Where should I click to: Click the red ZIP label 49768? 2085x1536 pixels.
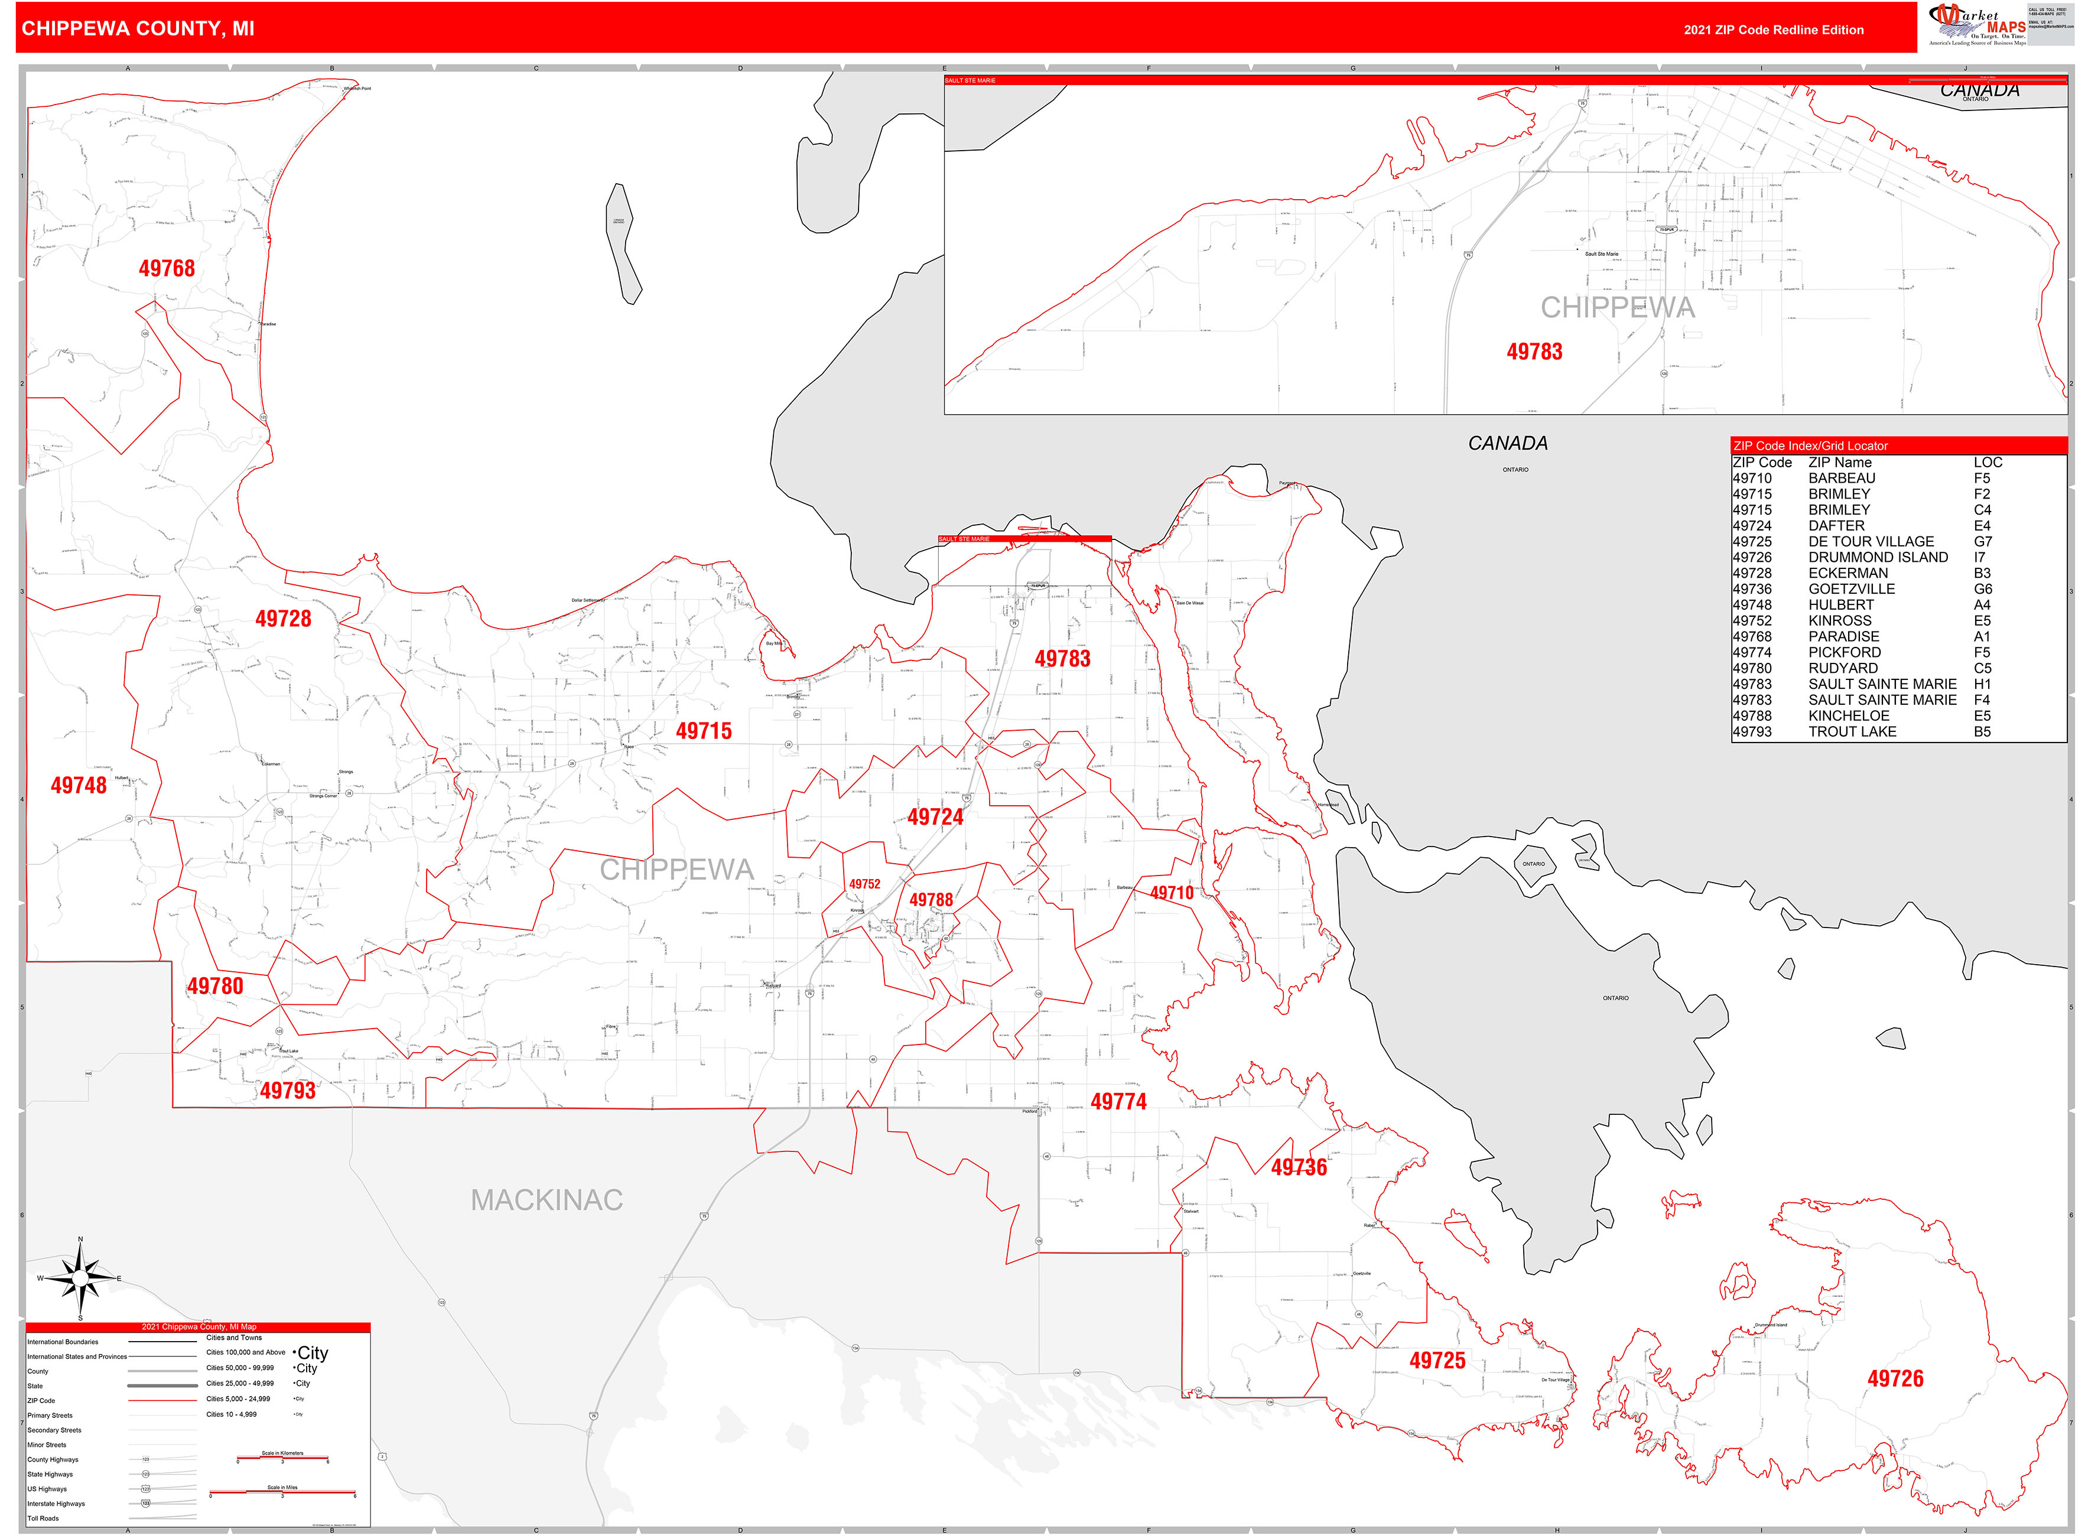167,269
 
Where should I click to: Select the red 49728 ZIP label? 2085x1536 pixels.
283,619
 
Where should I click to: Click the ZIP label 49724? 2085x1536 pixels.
935,817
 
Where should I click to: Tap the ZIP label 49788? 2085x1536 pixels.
931,900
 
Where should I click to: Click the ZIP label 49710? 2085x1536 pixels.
1171,893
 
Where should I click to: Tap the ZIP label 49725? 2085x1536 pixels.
1437,1361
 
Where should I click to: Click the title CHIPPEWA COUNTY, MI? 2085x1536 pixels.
138,29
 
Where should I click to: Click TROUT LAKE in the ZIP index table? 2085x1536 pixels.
1852,733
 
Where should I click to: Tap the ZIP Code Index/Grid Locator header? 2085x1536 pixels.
1810,446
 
